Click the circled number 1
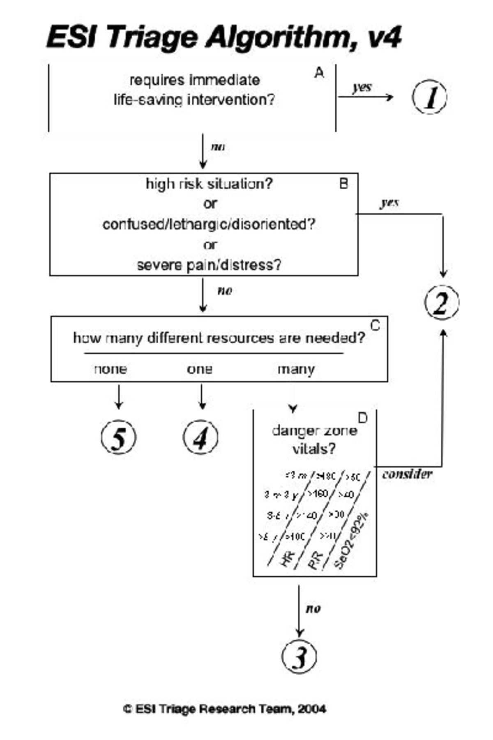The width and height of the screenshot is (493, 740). tap(430, 97)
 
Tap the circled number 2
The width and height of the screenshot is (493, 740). tap(442, 303)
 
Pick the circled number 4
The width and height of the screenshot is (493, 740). tap(200, 437)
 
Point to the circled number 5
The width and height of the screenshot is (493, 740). tap(118, 437)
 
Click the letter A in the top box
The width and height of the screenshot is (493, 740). tap(319, 73)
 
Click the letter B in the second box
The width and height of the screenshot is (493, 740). tap(344, 183)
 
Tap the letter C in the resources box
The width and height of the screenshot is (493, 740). tap(375, 326)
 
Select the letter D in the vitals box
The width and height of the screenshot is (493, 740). tap(362, 418)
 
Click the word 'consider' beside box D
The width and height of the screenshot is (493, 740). tap(407, 474)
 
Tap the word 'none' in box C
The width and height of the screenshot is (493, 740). tap(110, 369)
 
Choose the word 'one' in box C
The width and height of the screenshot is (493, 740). tap(200, 369)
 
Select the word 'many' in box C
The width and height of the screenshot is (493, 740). tap(296, 369)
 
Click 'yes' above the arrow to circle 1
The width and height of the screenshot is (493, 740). tap(362, 87)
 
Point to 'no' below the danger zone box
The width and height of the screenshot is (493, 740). tap(313, 608)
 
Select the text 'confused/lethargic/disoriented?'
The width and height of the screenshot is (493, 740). tap(209, 224)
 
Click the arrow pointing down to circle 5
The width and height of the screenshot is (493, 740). tap(119, 397)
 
